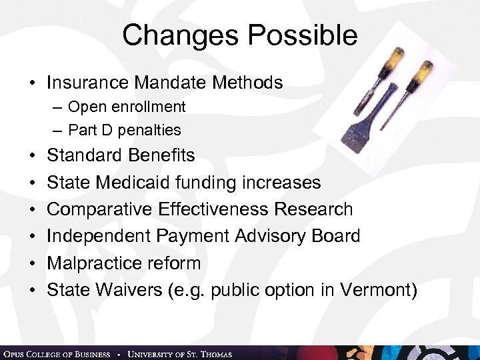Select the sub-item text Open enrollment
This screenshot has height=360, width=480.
[x=127, y=107]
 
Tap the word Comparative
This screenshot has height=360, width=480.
[x=100, y=209]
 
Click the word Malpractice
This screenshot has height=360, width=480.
[x=94, y=263]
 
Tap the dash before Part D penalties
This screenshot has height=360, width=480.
[x=58, y=129]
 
